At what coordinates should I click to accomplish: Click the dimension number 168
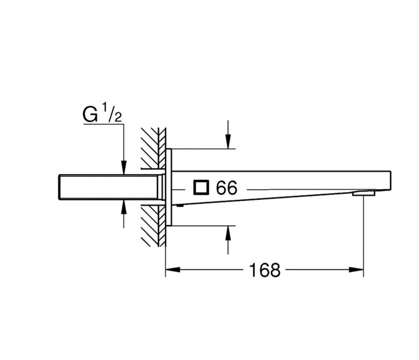(x=265, y=270)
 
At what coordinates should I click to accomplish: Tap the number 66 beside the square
(x=226, y=188)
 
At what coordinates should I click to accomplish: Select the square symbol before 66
(x=201, y=187)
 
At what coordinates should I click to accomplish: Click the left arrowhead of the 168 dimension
(x=173, y=270)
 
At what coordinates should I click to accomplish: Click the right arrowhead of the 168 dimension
(x=356, y=270)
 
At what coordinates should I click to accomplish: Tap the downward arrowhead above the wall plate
(x=228, y=142)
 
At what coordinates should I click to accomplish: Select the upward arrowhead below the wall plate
(x=228, y=233)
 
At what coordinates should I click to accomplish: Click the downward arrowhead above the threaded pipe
(x=124, y=168)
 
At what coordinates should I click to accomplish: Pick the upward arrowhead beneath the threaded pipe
(x=124, y=207)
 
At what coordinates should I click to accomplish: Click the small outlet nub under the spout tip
(x=363, y=193)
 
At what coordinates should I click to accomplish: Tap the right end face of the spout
(x=391, y=180)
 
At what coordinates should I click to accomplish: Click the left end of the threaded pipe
(x=59, y=187)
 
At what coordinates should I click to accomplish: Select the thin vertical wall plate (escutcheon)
(x=169, y=187)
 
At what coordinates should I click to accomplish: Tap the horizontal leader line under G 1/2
(x=104, y=124)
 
